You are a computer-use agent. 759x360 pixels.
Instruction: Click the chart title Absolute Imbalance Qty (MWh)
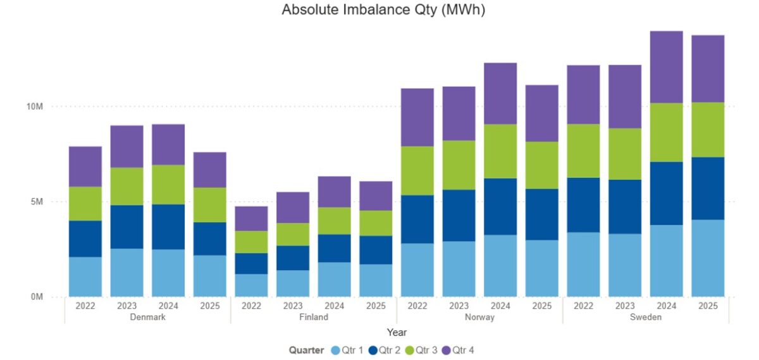tap(383, 10)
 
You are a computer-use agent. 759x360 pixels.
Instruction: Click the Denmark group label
tap(147, 317)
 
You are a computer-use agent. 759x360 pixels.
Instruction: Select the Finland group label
tap(314, 317)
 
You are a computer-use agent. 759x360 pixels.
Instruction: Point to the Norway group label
tap(479, 317)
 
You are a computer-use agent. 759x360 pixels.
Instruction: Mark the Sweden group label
tap(645, 317)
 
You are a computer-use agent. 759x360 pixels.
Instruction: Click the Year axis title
tap(397, 332)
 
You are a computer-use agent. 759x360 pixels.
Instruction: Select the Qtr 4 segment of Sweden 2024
tap(666, 67)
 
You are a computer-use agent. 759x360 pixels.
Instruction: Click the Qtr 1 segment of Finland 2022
tap(251, 285)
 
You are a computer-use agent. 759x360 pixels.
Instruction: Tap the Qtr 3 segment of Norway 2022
tap(417, 171)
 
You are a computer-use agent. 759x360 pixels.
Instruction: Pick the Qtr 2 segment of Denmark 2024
tap(168, 227)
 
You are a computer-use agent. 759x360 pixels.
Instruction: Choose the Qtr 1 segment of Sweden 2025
tap(708, 258)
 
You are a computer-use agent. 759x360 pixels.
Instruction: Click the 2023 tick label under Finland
tap(293, 306)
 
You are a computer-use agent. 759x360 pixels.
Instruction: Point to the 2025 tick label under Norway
tap(541, 306)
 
